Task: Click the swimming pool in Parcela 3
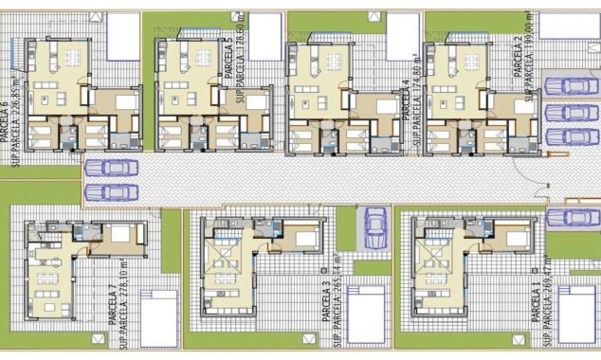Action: tap(365, 315)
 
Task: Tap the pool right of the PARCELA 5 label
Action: tap(265, 35)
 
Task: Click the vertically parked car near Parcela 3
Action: tap(375, 227)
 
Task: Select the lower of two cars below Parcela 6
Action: tap(112, 192)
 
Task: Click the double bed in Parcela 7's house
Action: tap(121, 234)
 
